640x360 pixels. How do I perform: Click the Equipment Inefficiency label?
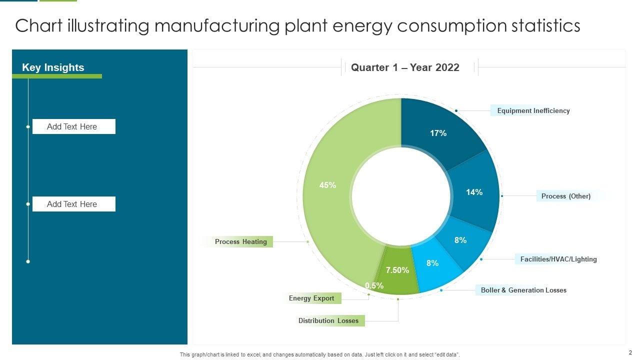pyautogui.click(x=533, y=110)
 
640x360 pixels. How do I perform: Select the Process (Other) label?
pyautogui.click(x=565, y=196)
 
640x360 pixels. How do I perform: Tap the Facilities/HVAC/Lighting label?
pyautogui.click(x=558, y=259)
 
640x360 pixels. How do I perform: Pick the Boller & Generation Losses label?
pyautogui.click(x=523, y=290)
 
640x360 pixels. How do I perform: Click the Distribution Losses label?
pyautogui.click(x=328, y=320)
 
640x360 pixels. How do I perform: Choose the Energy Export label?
pyautogui.click(x=311, y=298)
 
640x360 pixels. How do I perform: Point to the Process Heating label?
pyautogui.click(x=240, y=241)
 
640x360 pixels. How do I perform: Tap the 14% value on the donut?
pyautogui.click(x=474, y=192)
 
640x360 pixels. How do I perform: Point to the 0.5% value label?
pyautogui.click(x=374, y=286)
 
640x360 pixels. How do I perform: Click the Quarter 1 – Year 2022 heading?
pyautogui.click(x=405, y=67)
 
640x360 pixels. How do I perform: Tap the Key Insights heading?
pyautogui.click(x=53, y=67)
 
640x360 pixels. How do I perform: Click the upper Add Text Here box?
pyautogui.click(x=73, y=126)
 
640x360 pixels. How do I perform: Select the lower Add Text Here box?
pyautogui.click(x=73, y=204)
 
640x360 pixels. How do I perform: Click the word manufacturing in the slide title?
pyautogui.click(x=216, y=25)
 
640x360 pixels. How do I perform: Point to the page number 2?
pyautogui.click(x=630, y=352)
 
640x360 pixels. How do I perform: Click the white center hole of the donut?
pyautogui.click(x=401, y=196)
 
